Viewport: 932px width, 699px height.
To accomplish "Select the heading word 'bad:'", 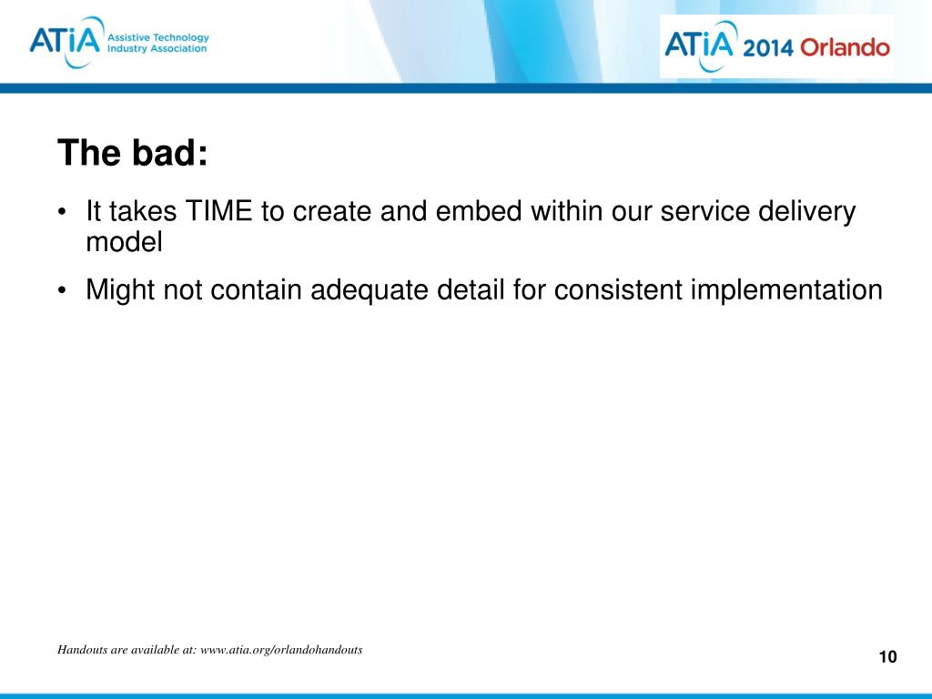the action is [x=169, y=153].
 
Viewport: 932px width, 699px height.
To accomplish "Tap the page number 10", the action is [x=887, y=657].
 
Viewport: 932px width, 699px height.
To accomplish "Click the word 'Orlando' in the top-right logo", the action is [x=845, y=47].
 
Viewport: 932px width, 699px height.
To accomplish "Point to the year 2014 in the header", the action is [x=767, y=47].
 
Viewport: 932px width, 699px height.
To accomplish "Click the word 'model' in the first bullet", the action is [x=124, y=242].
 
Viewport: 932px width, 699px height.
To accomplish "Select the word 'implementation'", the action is [x=786, y=290].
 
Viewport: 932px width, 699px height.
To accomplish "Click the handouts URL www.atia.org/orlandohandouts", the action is [x=281, y=650].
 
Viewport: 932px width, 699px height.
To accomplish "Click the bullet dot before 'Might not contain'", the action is [x=62, y=291].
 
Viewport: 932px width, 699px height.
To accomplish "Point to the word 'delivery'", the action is [x=806, y=212].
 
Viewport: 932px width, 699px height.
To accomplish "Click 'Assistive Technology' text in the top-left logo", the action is [x=158, y=37].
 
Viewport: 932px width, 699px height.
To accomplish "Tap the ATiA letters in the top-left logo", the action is [x=65, y=40].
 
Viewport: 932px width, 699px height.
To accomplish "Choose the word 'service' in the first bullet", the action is [x=705, y=211].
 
